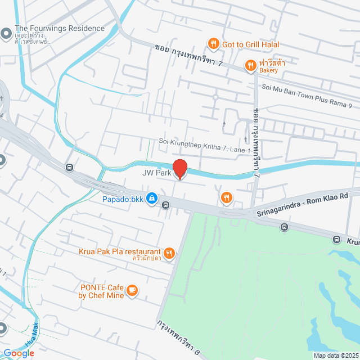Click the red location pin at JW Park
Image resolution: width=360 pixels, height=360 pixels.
pyautogui.click(x=179, y=169)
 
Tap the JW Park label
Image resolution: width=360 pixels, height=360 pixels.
pyautogui.click(x=156, y=173)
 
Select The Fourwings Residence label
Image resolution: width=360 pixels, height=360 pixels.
pyautogui.click(x=60, y=28)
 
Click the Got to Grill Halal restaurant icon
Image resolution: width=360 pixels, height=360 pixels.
pyautogui.click(x=213, y=44)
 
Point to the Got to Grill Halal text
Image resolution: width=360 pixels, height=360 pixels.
pyautogui.click(x=250, y=44)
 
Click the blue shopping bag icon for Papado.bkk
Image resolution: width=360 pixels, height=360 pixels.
pyautogui.click(x=152, y=198)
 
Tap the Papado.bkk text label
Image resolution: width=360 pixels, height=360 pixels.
pyautogui.click(x=123, y=199)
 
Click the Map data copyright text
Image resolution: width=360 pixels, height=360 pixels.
pyautogui.click(x=336, y=355)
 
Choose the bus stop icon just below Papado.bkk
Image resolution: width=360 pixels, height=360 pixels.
pyautogui.click(x=165, y=205)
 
